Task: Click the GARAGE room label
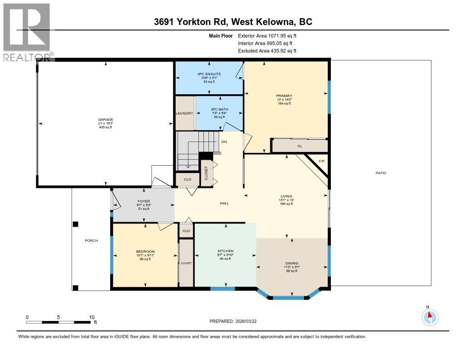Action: (105, 120)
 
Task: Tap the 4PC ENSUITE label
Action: (209, 74)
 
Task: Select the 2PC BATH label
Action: (220, 110)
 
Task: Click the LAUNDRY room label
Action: (185, 113)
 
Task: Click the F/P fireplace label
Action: (322, 162)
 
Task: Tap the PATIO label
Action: (381, 173)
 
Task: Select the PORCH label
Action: (91, 241)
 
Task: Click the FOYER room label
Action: (143, 201)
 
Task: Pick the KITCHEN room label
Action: (225, 251)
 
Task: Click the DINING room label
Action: (292, 263)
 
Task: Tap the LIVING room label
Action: (286, 196)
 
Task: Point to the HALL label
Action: (224, 203)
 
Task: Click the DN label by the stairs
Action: (224, 142)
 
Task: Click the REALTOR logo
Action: (27, 32)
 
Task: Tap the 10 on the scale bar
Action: (92, 317)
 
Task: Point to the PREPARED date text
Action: (236, 321)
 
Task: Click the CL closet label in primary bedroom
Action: (300, 146)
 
